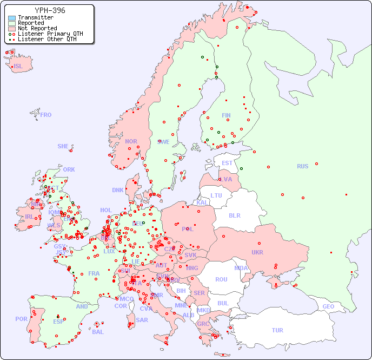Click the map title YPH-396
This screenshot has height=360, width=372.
click(x=50, y=10)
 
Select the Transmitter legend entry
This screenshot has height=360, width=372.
click(x=35, y=17)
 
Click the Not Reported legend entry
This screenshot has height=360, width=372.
click(x=37, y=28)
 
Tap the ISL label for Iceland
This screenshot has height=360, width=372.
click(x=18, y=67)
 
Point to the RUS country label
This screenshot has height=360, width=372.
click(x=302, y=166)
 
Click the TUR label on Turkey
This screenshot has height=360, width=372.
click(x=277, y=330)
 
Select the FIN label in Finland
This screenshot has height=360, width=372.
click(x=226, y=115)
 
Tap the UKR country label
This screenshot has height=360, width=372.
click(x=257, y=252)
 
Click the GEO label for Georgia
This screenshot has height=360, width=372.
click(x=328, y=306)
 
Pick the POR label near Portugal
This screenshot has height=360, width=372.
click(x=21, y=319)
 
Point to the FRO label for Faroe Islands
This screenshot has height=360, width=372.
click(x=46, y=115)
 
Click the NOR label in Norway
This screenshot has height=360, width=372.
click(x=131, y=141)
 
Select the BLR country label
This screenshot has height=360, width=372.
click(x=235, y=215)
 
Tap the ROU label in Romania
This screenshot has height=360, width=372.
click(x=221, y=279)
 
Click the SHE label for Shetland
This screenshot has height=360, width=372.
click(x=63, y=146)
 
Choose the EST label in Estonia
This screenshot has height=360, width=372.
click(x=227, y=163)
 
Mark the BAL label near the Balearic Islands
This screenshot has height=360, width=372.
click(x=97, y=332)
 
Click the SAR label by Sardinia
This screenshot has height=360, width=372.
click(x=142, y=319)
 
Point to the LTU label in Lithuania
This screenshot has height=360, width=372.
click(x=216, y=195)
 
